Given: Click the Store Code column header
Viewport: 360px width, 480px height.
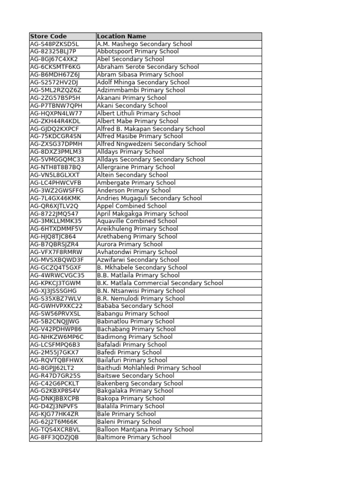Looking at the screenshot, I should tap(48, 36).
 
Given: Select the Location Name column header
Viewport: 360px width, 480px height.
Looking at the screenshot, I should tap(121, 36).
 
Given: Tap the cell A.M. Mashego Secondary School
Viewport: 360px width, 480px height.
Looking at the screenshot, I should tap(144, 44).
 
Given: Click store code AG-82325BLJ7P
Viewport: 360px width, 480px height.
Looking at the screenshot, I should tap(53, 52).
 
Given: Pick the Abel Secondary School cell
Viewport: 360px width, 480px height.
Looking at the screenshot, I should tap(130, 59).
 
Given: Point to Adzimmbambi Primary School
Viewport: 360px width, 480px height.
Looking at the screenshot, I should tap(141, 90).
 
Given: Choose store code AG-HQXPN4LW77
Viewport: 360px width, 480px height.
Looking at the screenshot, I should tap(56, 113).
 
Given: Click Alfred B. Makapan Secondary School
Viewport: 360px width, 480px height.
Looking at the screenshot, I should tap(150, 128).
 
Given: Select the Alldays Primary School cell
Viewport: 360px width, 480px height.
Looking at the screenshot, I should tap(130, 152).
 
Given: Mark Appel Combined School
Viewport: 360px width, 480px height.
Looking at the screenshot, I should tap(131, 206).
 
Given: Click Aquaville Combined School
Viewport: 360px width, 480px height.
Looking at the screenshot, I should tap(137, 221).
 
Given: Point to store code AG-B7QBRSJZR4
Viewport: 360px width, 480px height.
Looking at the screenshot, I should tap(54, 244).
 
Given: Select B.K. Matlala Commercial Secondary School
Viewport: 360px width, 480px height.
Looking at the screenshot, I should tap(160, 283).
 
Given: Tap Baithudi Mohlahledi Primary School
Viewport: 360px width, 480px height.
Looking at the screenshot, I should tap(149, 367).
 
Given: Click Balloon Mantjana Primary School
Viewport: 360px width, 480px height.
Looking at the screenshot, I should tap(145, 429).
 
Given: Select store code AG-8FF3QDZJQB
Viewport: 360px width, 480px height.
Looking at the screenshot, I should tap(54, 437).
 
